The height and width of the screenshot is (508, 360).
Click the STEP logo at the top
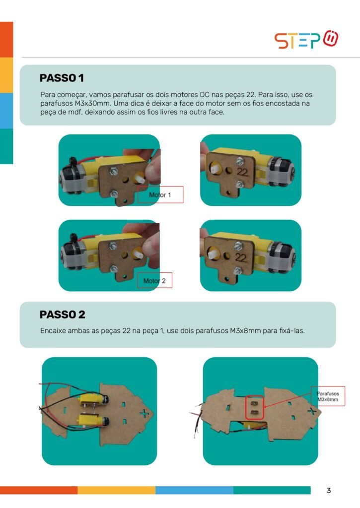pyautogui.click(x=306, y=40)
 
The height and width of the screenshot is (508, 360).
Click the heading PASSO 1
pyautogui.click(x=62, y=78)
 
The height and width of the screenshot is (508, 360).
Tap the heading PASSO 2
pyautogui.click(x=62, y=315)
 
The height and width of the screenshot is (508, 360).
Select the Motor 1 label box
pyautogui.click(x=160, y=194)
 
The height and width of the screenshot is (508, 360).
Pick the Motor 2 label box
pyautogui.click(x=154, y=281)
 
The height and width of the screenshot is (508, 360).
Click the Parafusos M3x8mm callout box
pyautogui.click(x=328, y=396)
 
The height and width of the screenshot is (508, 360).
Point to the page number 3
pyautogui.click(x=329, y=491)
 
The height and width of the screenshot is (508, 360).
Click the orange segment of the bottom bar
pyautogui.click(x=39, y=490)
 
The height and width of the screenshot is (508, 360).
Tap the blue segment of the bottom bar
pyautogui.click(x=194, y=490)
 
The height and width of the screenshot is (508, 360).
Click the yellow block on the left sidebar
pyautogui.click(x=6, y=75)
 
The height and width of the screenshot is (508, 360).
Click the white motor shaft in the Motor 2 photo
pyautogui.click(x=138, y=254)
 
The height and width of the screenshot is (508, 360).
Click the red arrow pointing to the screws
pyautogui.click(x=288, y=400)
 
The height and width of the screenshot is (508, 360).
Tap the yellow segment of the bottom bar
pyautogui.click(x=116, y=490)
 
